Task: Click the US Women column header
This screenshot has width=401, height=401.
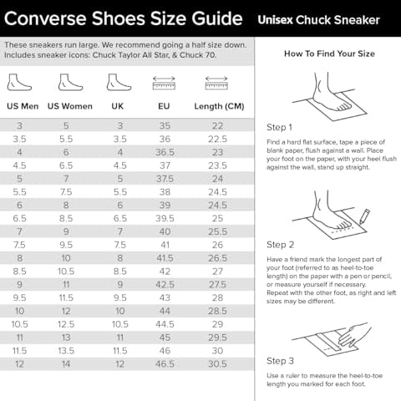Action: click(x=70, y=106)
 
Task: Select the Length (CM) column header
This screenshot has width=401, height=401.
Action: click(x=219, y=106)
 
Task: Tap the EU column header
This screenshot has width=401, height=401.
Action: click(x=164, y=106)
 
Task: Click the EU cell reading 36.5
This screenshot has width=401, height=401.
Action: click(x=165, y=152)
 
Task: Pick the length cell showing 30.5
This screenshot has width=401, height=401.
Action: click(x=217, y=364)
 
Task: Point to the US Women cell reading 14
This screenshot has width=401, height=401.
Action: click(x=66, y=364)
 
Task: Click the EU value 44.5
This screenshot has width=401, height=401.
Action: click(x=165, y=324)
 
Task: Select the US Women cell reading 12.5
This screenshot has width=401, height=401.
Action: click(x=66, y=324)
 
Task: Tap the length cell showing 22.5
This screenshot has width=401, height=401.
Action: click(x=217, y=139)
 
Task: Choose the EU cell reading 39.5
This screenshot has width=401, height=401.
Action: click(x=165, y=218)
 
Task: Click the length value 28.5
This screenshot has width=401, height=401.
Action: click(x=217, y=311)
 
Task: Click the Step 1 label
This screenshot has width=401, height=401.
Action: click(x=279, y=127)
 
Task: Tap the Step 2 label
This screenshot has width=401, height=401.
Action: click(x=281, y=245)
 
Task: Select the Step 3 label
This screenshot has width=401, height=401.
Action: click(x=280, y=361)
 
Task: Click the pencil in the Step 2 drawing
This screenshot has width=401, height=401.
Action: click(x=364, y=216)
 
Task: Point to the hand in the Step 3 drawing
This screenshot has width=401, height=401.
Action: click(x=354, y=333)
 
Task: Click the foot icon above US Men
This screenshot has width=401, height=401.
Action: click(x=19, y=83)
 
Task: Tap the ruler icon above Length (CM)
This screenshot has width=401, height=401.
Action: click(x=216, y=83)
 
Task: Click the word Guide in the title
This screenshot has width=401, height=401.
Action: click(x=217, y=19)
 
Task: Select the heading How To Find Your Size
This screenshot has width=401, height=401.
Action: click(x=329, y=53)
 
